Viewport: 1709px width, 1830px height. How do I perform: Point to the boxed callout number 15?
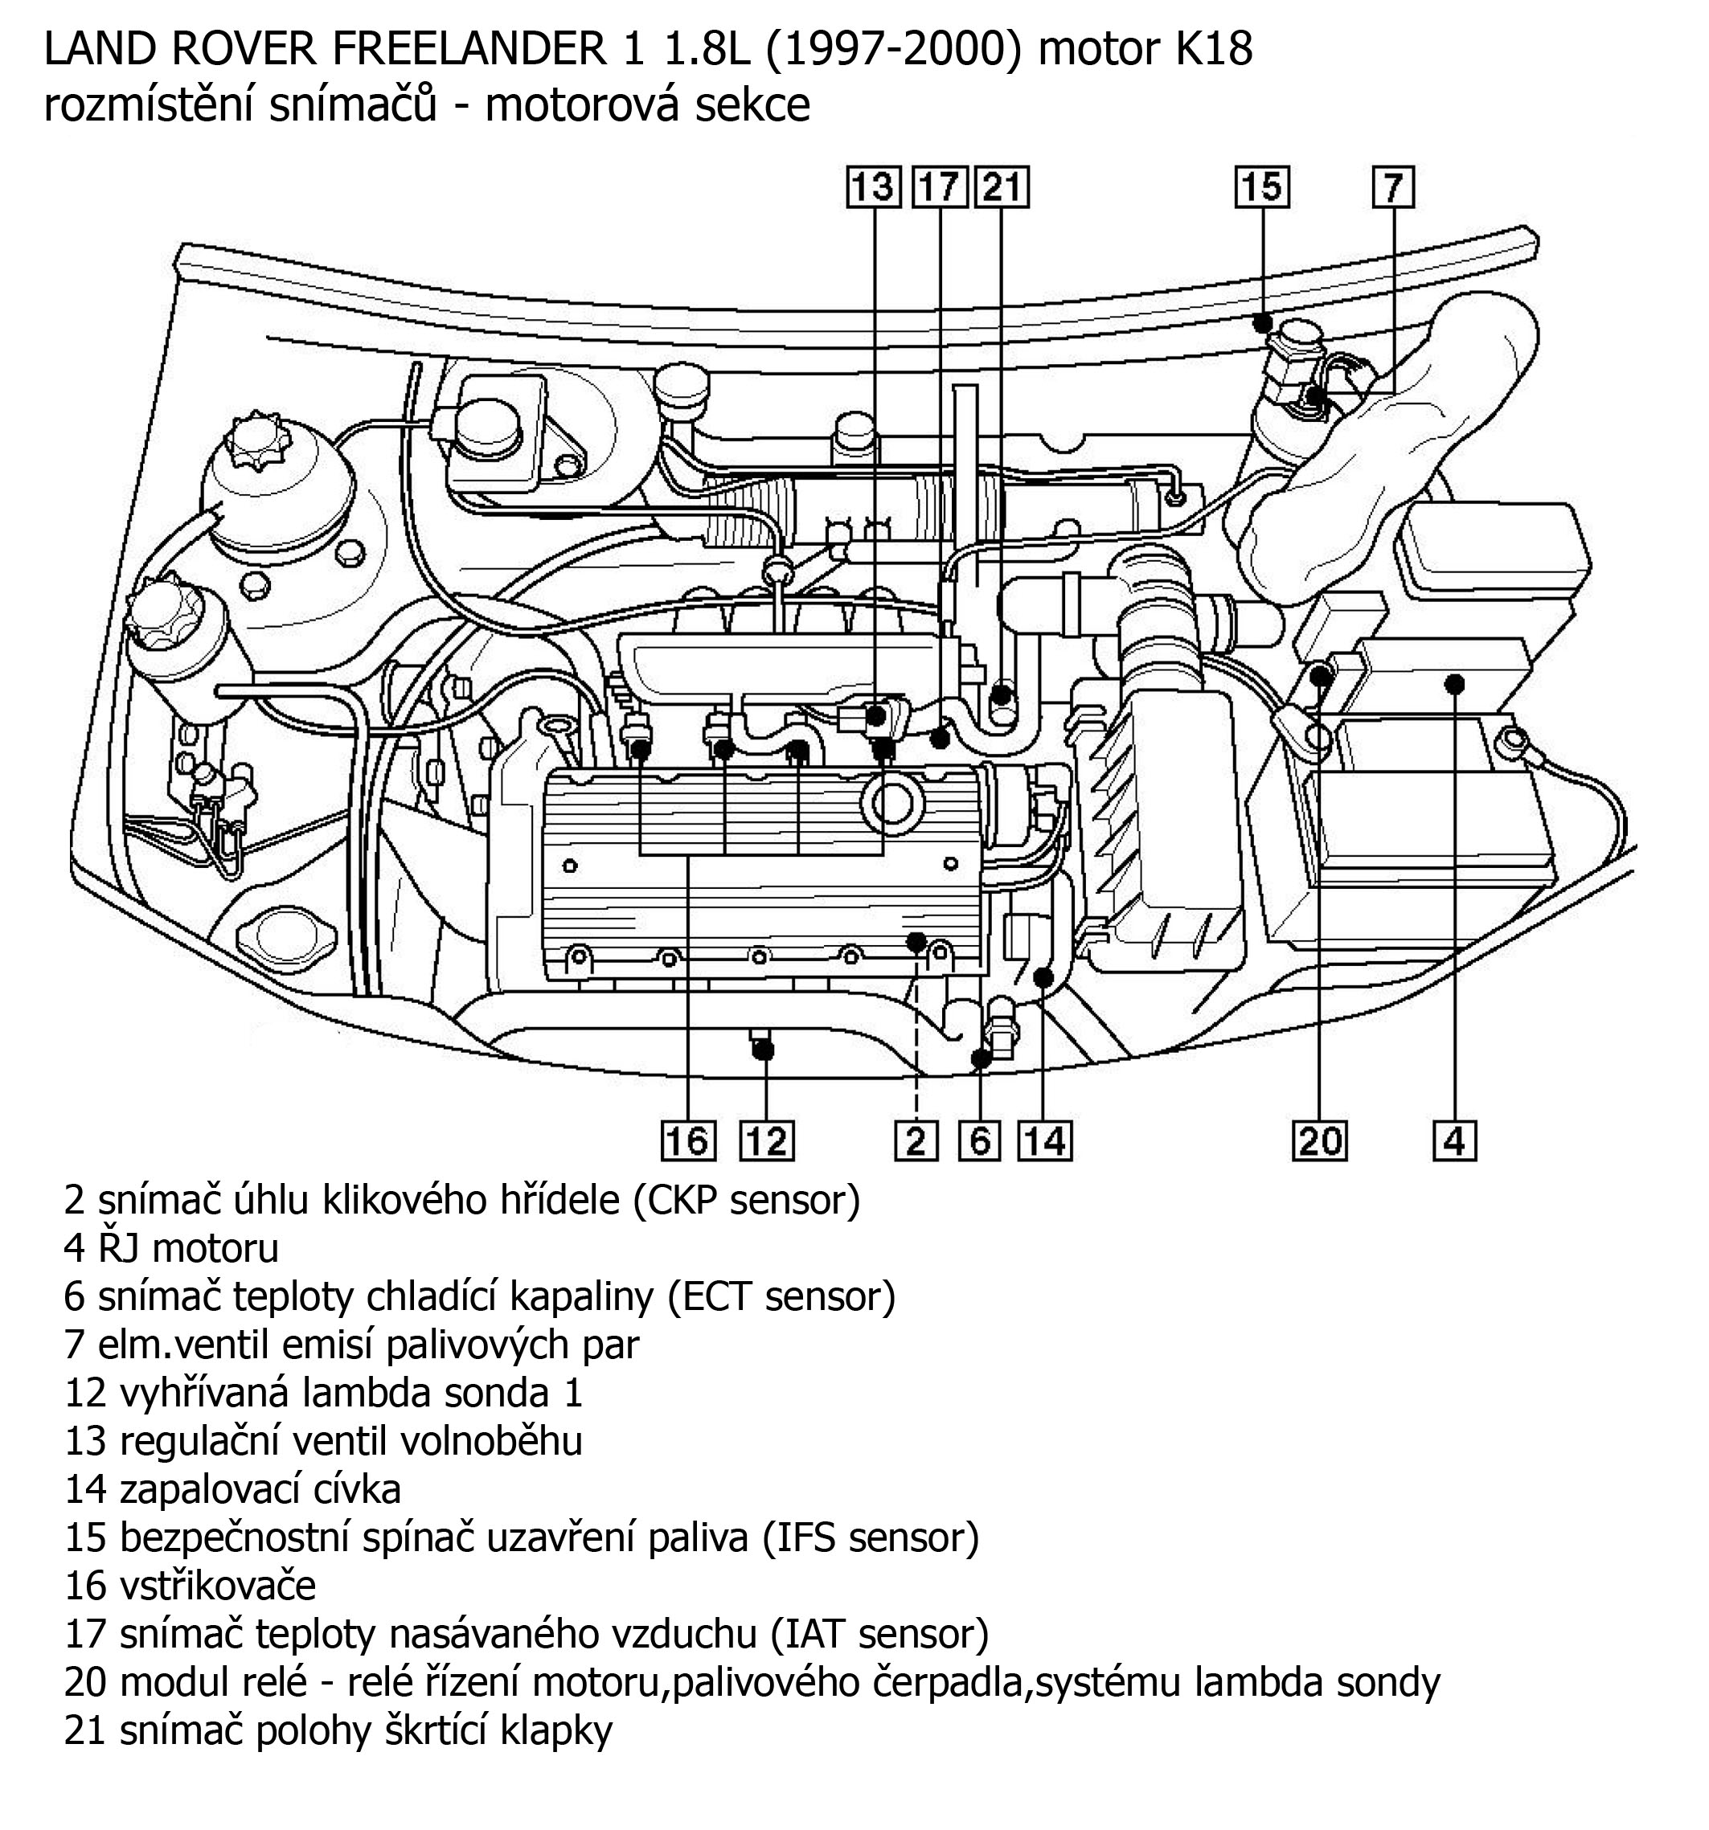(1261, 188)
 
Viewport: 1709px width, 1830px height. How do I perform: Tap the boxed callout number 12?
(767, 1141)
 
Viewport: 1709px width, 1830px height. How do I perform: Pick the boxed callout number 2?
(916, 1141)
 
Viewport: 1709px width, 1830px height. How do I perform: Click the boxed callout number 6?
(980, 1141)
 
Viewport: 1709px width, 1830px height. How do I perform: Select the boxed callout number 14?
(1045, 1141)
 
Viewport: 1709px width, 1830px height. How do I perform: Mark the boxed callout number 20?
(1319, 1141)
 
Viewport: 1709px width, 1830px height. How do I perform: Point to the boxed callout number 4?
(1454, 1141)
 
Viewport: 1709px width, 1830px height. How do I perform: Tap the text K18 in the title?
(1213, 50)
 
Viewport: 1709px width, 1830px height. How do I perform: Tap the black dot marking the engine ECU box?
(1455, 683)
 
